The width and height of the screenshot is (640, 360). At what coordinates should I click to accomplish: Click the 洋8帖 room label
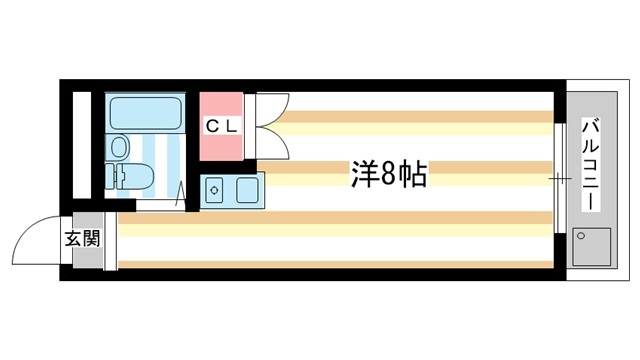click(389, 175)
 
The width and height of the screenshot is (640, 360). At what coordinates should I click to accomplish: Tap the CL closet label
click(220, 126)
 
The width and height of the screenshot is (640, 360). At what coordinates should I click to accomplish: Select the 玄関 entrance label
click(82, 239)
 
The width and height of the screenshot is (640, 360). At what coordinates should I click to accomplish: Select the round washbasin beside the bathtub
click(120, 148)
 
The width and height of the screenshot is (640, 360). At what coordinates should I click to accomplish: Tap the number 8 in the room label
click(388, 175)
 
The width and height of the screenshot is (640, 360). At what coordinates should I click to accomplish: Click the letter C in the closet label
click(213, 126)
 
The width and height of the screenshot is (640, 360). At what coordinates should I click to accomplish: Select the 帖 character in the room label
click(413, 175)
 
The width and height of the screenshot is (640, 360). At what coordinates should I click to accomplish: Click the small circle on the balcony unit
click(579, 236)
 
